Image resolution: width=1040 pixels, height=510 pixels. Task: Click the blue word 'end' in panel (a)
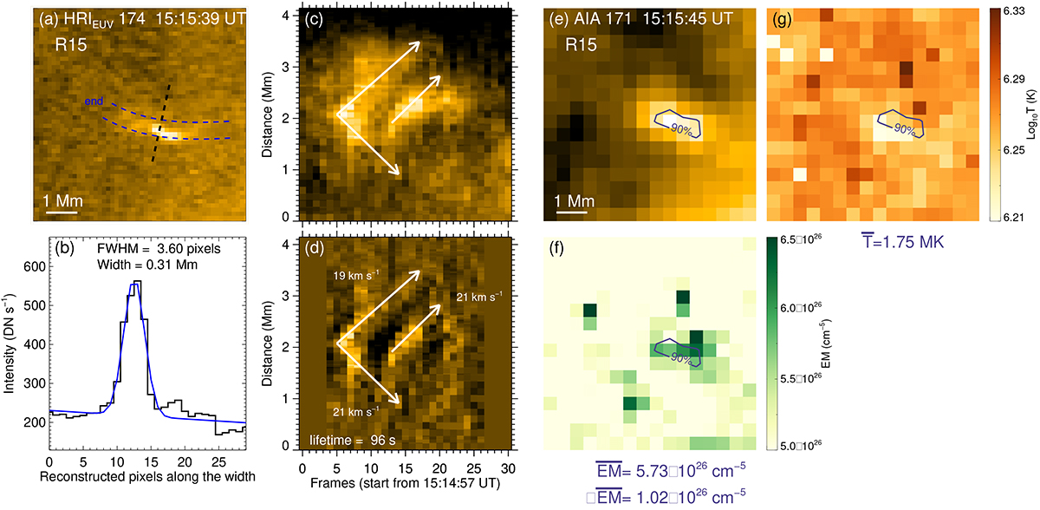pyautogui.click(x=96, y=101)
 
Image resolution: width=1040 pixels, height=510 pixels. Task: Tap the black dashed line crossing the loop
pyautogui.click(x=162, y=124)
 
